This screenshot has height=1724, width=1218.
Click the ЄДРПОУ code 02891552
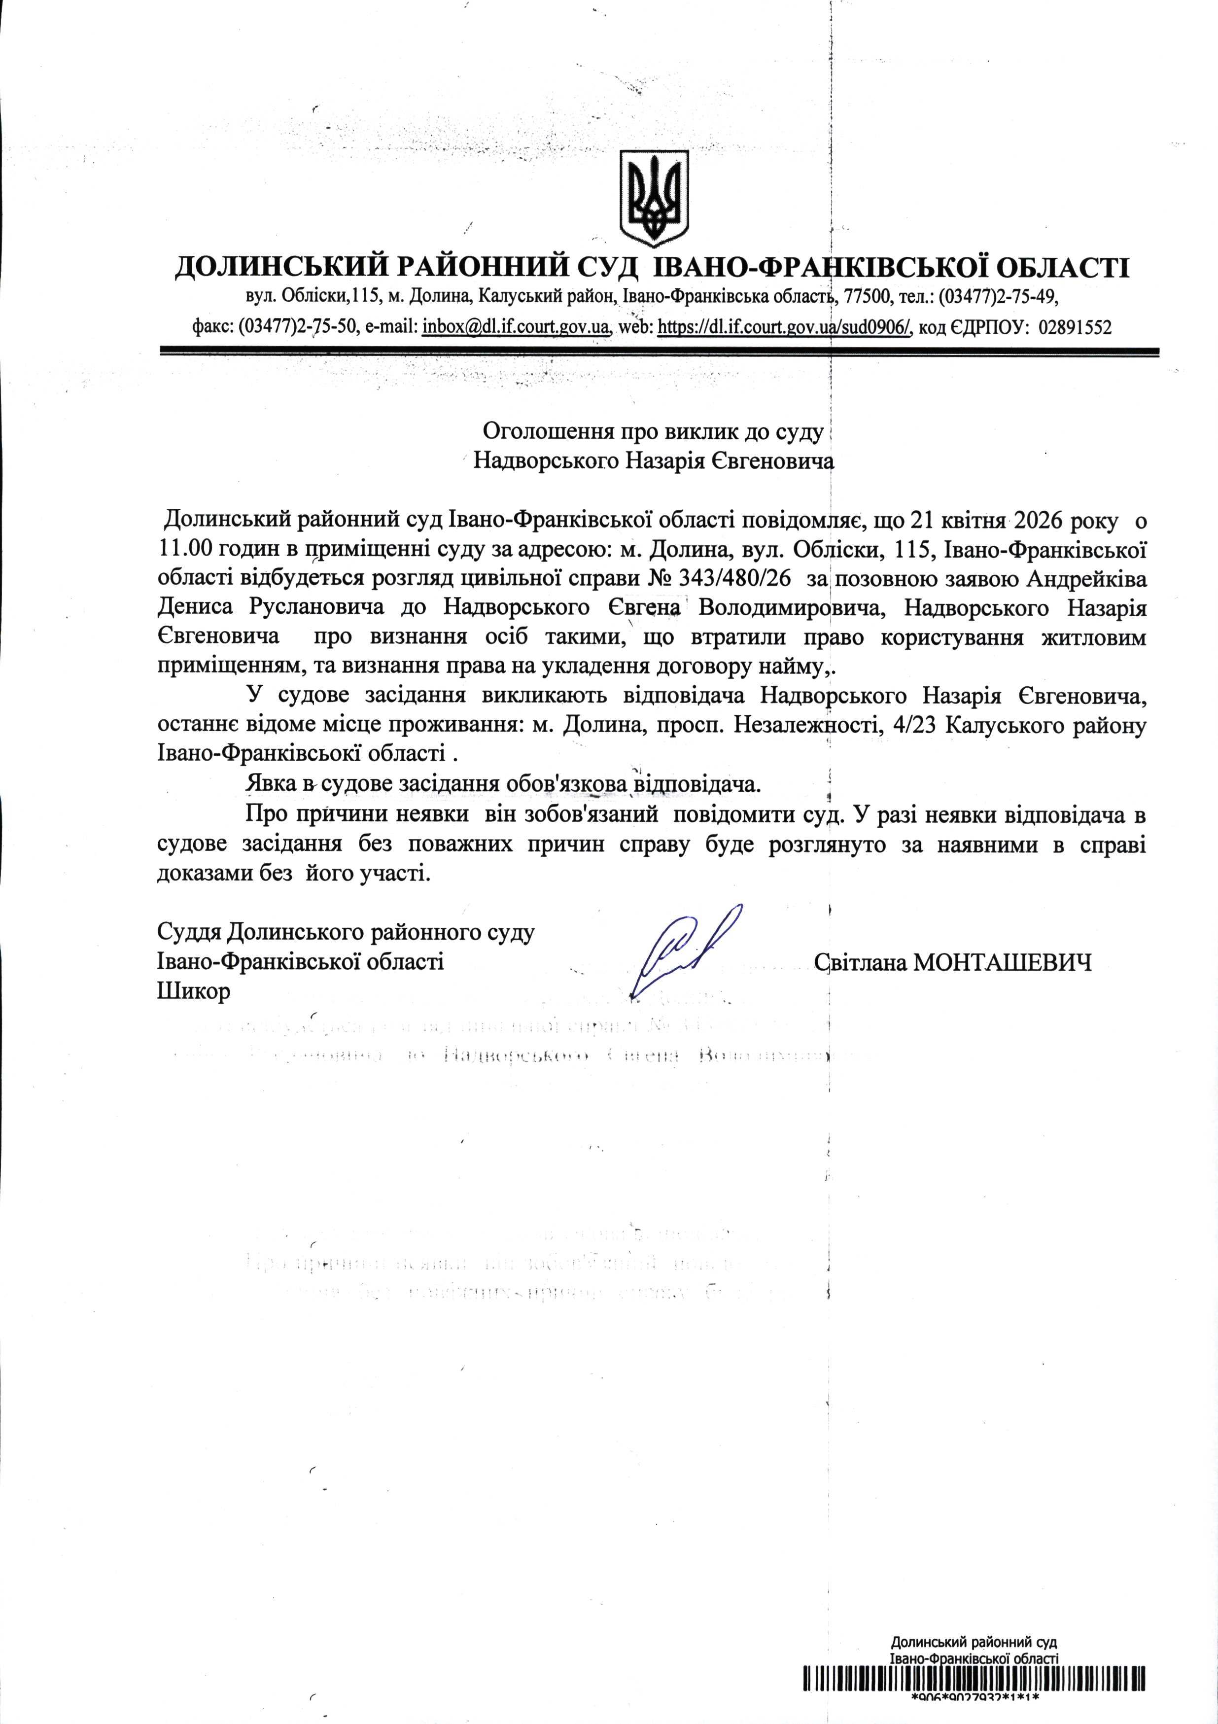tap(1074, 327)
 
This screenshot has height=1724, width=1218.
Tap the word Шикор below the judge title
tap(194, 991)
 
